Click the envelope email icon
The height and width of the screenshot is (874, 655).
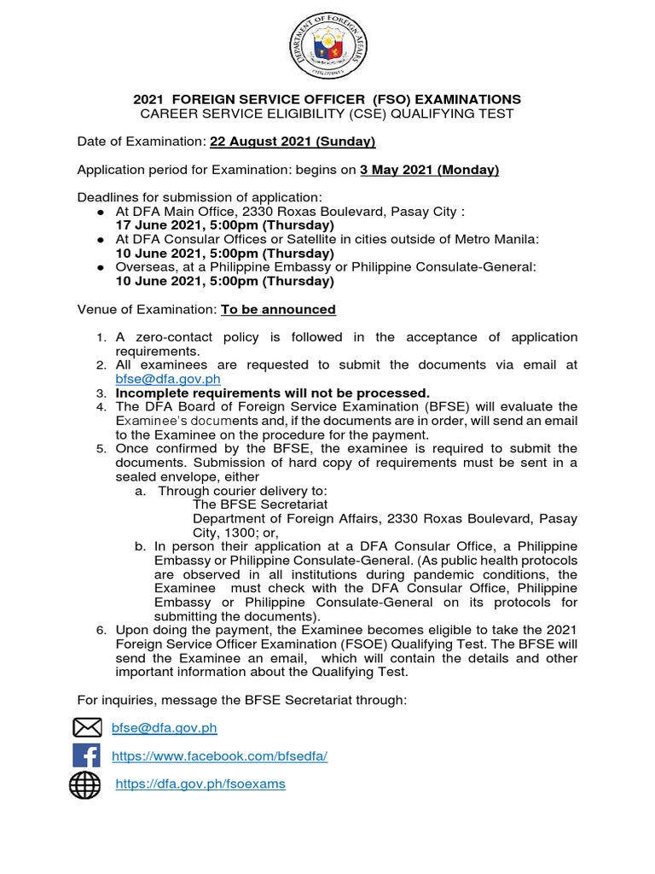pos(86,727)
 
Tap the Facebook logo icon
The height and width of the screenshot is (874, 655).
pos(86,755)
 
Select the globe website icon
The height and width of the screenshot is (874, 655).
pos(85,784)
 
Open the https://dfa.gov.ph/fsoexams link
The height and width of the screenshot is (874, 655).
pos(200,784)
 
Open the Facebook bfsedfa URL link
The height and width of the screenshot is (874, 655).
pos(220,755)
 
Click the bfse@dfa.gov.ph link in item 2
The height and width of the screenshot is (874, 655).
pos(166,378)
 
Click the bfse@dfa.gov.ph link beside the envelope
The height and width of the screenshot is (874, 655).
pos(165,728)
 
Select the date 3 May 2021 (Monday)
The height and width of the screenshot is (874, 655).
pos(429,170)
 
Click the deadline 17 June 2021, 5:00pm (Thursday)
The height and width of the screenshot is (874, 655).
pos(224,224)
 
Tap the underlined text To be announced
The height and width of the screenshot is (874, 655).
pos(278,309)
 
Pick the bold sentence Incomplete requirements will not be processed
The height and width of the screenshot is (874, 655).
pos(273,393)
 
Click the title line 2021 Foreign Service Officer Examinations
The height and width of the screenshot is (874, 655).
pos(327,100)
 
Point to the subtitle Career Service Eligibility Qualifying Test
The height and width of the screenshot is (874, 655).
pos(327,114)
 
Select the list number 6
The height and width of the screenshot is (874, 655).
pos(101,630)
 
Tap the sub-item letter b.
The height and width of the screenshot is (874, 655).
pos(140,546)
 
